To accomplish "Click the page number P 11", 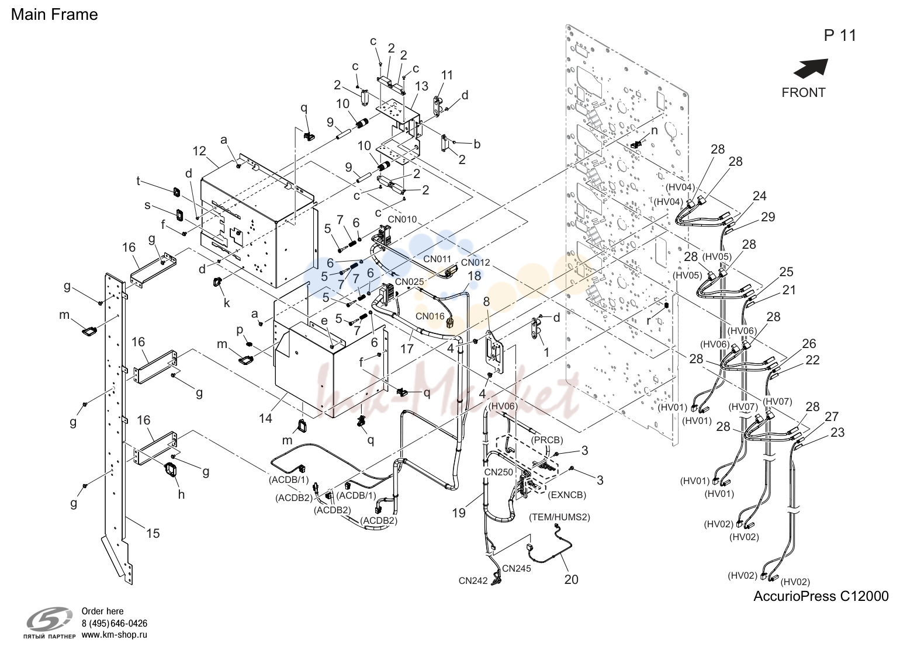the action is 840,36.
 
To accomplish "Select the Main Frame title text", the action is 54,15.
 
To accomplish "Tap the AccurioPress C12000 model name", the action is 821,596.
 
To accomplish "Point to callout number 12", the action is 199,151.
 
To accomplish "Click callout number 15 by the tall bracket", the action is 153,533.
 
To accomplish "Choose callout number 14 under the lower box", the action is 265,419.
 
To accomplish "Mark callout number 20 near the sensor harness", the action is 572,580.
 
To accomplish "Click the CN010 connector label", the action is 402,219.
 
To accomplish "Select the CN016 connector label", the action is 430,316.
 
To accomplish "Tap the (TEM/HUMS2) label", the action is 559,517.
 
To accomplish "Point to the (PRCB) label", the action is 547,440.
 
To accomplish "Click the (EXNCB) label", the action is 566,495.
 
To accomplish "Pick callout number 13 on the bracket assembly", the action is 421,86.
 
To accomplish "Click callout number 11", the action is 446,75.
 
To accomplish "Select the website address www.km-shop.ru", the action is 115,635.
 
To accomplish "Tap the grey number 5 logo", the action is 50,620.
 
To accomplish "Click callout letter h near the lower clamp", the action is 181,495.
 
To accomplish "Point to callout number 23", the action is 837,432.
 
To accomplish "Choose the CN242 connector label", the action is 473,581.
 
